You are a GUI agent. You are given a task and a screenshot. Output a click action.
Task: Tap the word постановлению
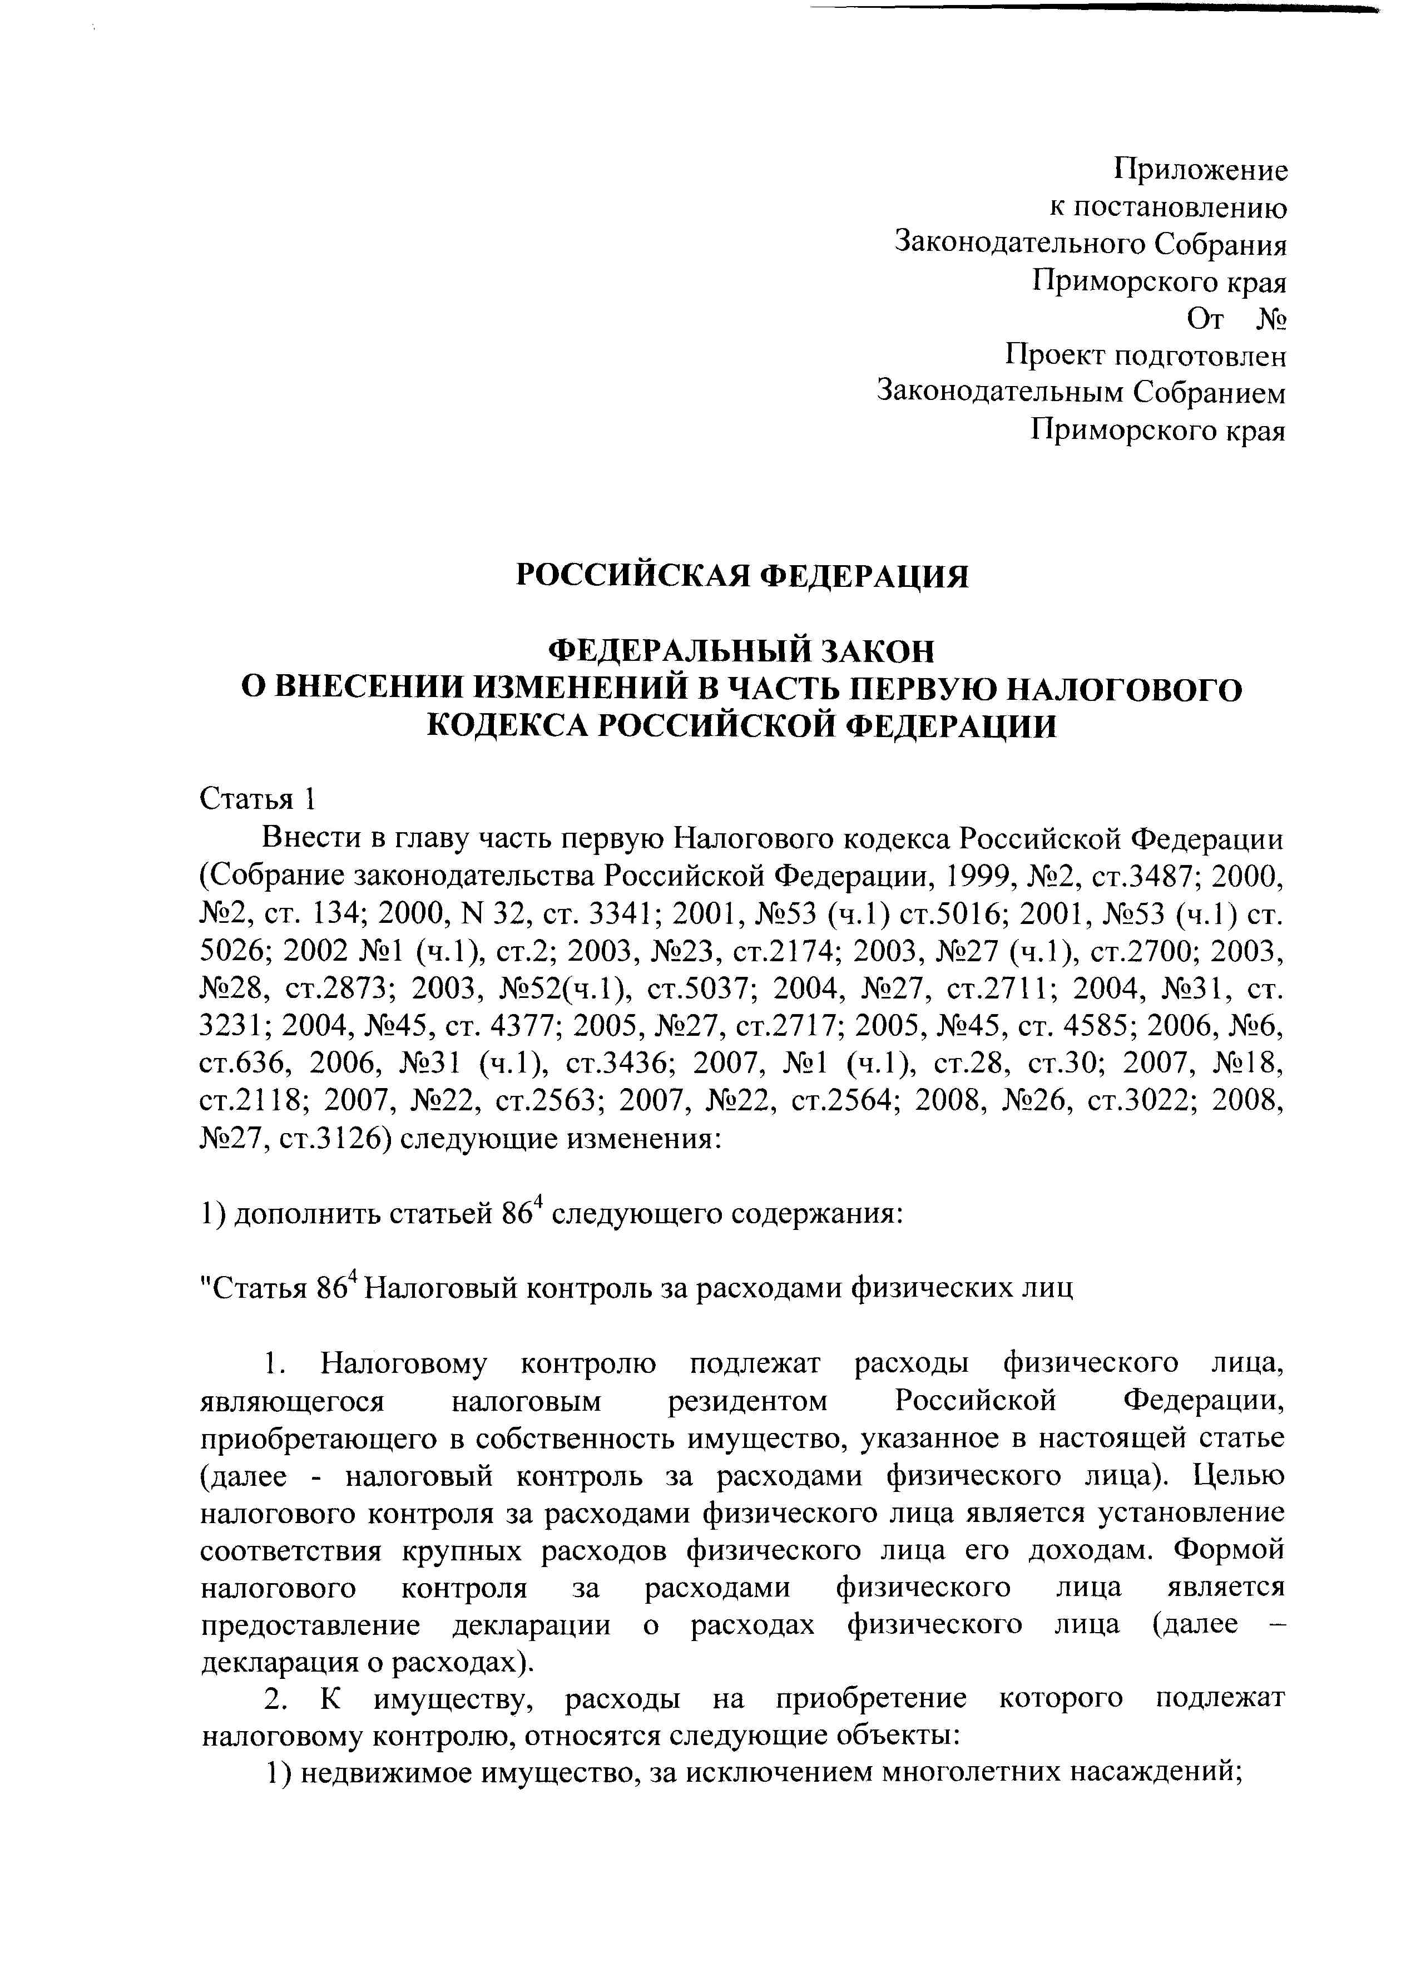point(1182,208)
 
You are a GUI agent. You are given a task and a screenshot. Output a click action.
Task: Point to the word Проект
point(1054,357)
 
